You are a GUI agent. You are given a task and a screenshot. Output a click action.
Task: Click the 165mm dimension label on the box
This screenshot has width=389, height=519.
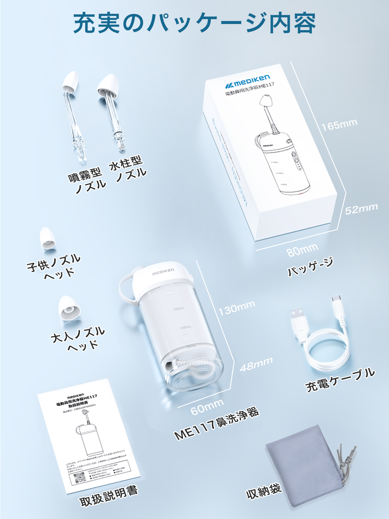pyautogui.click(x=339, y=125)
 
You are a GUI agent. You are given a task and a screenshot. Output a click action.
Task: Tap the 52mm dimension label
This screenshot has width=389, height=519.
pyautogui.click(x=361, y=209)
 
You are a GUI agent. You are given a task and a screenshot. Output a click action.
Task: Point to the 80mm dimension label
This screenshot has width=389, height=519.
pyautogui.click(x=302, y=250)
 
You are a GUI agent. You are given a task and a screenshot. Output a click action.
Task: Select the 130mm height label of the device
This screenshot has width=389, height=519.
pyautogui.click(x=236, y=308)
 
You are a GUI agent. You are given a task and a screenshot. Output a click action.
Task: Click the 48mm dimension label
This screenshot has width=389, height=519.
pyautogui.click(x=256, y=364)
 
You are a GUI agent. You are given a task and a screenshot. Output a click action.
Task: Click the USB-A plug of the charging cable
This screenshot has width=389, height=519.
pyautogui.click(x=299, y=320)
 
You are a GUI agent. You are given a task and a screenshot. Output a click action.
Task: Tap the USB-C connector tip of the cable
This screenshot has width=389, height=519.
pyautogui.click(x=336, y=299)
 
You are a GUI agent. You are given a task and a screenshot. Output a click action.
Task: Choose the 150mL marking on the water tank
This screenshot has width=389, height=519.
pyautogui.click(x=178, y=308)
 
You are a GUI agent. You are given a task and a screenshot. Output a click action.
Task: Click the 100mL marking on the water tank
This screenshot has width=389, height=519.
pyautogui.click(x=185, y=327)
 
